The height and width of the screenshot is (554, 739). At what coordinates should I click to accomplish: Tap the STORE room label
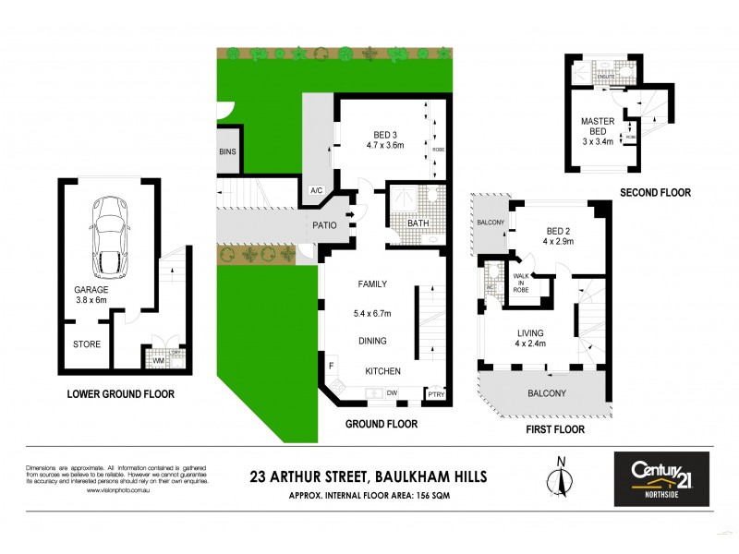coord(87,344)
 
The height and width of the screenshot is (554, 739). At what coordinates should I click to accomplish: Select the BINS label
coord(228,152)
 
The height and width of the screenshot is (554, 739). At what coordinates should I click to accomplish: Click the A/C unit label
coord(317,191)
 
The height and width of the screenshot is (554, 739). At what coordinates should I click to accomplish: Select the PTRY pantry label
coord(435,394)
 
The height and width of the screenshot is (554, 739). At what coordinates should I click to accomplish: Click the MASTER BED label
coord(598,127)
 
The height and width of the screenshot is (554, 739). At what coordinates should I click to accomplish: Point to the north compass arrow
coord(559,480)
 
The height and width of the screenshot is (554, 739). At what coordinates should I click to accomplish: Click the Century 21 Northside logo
coord(661,478)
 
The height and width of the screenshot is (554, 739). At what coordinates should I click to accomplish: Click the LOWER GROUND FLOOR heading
coord(121,394)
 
